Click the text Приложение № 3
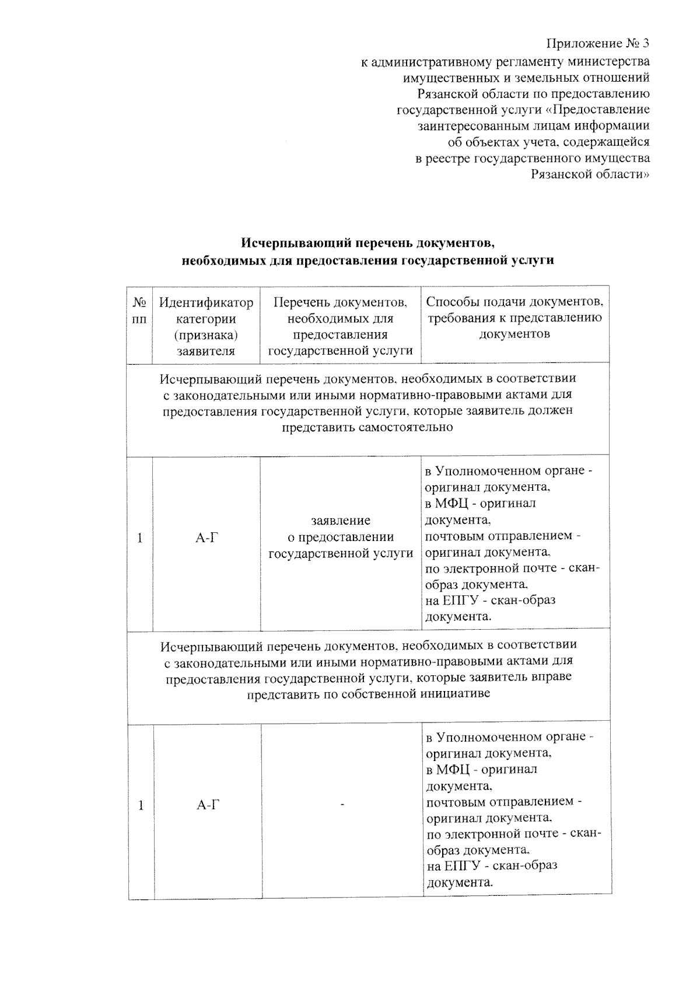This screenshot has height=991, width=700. [597, 44]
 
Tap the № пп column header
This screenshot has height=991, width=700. [139, 310]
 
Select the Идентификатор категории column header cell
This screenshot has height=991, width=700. [206, 326]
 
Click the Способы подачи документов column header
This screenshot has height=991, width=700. [514, 318]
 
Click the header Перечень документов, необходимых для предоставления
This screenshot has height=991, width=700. [340, 326]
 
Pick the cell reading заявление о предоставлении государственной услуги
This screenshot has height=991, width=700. [341, 536]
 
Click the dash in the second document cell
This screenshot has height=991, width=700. [342, 805]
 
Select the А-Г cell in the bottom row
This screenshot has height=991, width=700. [208, 805]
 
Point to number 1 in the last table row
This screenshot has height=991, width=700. [141, 805]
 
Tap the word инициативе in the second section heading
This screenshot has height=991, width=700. [457, 693]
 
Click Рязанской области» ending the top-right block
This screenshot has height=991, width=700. [590, 175]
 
